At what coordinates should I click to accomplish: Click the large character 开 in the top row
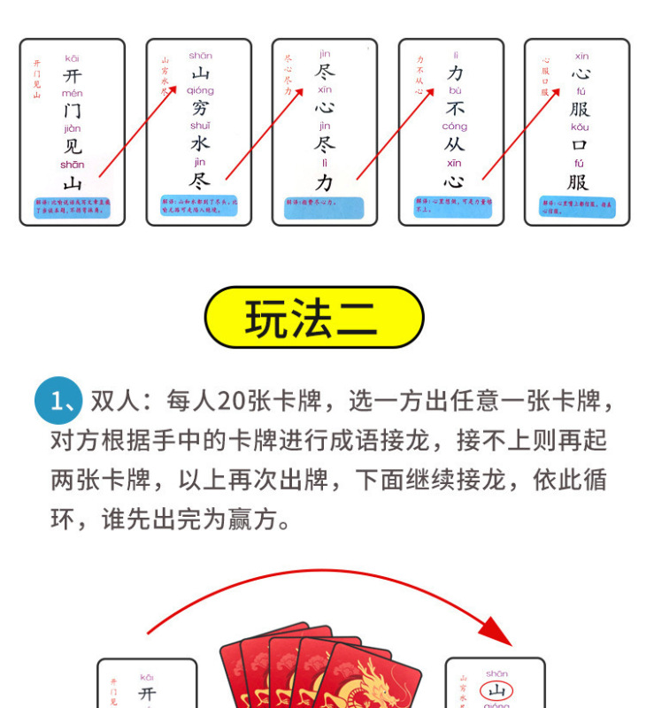click(73, 76)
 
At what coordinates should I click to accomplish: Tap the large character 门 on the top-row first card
click(73, 112)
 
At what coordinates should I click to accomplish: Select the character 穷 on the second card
click(201, 109)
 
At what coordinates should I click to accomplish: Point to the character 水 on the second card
click(201, 143)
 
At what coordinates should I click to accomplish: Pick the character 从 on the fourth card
click(455, 144)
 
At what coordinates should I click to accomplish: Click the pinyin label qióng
click(201, 91)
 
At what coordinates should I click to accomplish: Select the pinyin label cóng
click(455, 127)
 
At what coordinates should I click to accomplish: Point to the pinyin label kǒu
click(580, 127)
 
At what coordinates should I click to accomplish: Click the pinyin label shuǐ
click(201, 126)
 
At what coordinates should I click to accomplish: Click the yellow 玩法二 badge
click(314, 318)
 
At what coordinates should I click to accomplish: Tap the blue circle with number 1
click(58, 402)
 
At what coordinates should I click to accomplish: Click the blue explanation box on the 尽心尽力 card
click(325, 207)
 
